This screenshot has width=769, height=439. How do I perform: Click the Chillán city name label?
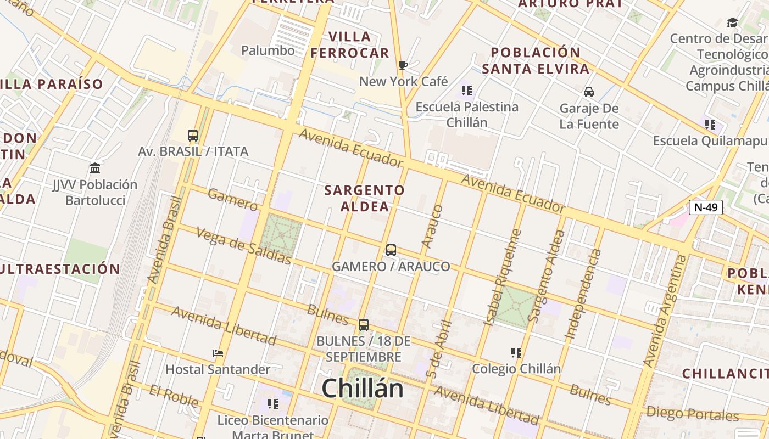(x=363, y=389)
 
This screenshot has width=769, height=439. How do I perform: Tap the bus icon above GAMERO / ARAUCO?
(x=391, y=250)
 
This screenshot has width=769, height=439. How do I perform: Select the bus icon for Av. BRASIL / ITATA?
(x=193, y=135)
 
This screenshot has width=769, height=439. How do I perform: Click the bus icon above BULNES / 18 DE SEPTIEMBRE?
(x=364, y=324)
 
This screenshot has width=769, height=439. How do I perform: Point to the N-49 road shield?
(x=705, y=207)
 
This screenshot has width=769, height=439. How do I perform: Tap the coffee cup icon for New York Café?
(x=403, y=66)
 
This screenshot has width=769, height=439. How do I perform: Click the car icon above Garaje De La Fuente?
(x=589, y=92)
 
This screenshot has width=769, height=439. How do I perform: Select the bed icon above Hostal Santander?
(x=218, y=353)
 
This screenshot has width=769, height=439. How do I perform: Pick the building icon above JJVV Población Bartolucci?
(x=95, y=168)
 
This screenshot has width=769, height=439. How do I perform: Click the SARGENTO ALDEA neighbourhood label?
(x=365, y=198)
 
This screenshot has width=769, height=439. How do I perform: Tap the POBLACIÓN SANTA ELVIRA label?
(x=536, y=60)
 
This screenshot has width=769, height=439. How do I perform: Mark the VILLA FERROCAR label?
(x=350, y=45)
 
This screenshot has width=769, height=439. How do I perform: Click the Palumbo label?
(x=268, y=50)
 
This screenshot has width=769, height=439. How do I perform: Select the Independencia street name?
(x=583, y=294)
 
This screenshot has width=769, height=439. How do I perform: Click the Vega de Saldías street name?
(x=243, y=246)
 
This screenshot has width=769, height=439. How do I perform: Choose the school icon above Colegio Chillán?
(x=516, y=352)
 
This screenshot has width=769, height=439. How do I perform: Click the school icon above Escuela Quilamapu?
(x=710, y=125)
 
